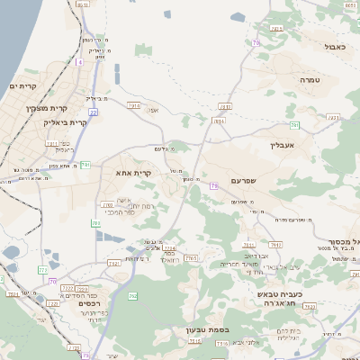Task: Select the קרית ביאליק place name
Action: (66, 121)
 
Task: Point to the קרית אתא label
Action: (133, 171)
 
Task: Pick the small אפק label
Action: (153, 111)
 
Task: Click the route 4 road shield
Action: (79, 62)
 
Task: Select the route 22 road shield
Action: (93, 112)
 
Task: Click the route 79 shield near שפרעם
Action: (213, 185)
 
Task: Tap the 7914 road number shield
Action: (134, 105)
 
